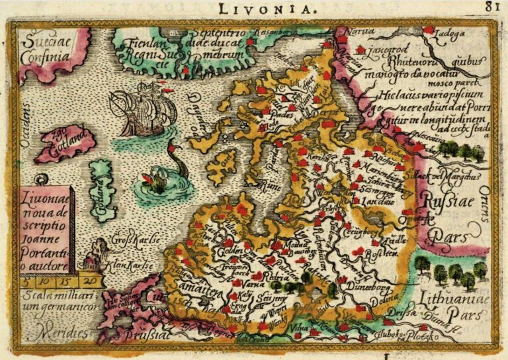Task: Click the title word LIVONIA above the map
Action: (x=271, y=8)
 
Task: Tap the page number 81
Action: (x=490, y=7)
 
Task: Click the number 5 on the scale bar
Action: (x=26, y=281)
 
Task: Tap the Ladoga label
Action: (x=452, y=31)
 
